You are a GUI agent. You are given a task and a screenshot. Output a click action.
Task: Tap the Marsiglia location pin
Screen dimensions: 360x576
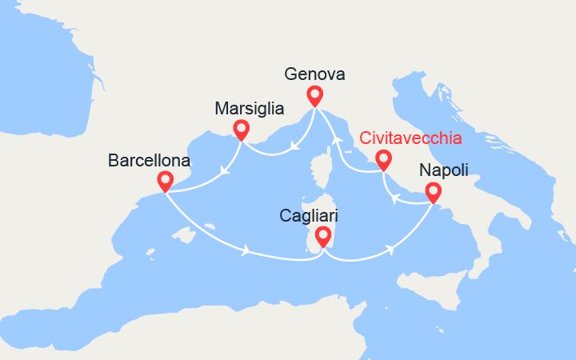click(x=240, y=129)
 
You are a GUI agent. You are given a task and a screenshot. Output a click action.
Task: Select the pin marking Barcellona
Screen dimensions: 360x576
click(x=165, y=181)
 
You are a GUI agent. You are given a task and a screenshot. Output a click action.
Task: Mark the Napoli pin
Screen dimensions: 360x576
click(x=433, y=192)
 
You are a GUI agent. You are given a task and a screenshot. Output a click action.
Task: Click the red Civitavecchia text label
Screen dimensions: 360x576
click(x=411, y=138)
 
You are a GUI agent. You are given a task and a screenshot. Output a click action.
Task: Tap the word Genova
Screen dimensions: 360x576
click(x=314, y=74)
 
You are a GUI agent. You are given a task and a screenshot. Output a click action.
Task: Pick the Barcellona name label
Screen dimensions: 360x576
click(x=150, y=160)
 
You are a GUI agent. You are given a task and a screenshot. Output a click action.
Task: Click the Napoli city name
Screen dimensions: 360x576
click(x=443, y=170)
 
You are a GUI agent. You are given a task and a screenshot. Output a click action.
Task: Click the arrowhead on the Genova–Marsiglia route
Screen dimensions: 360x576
click(x=293, y=146)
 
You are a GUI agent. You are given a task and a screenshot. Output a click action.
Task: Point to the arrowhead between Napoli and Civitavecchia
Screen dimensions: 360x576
click(x=398, y=198)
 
